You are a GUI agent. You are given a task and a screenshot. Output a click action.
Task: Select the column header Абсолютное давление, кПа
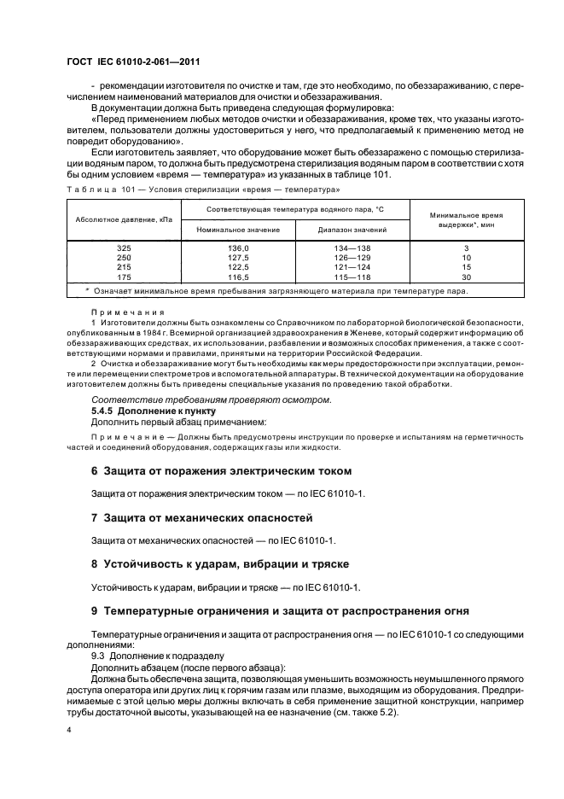125,219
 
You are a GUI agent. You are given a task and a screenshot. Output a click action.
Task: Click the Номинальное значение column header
230,230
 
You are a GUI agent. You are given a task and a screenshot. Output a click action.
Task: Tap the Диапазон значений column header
352,230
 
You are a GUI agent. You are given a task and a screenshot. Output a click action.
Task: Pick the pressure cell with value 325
125,248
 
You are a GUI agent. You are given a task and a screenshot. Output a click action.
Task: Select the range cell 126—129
352,257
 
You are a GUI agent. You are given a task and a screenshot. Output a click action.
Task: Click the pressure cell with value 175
125,277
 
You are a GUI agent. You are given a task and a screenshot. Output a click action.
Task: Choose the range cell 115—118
352,277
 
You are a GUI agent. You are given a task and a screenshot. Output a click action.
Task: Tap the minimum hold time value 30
466,277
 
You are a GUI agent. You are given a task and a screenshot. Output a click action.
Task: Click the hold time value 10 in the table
466,257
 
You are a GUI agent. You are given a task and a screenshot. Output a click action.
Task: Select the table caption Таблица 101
203,189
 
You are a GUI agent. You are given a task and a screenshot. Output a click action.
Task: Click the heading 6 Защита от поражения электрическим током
222,471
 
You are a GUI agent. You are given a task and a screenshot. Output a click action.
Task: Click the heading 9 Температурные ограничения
281,609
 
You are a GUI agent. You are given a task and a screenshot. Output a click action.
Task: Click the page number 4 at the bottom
68,731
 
